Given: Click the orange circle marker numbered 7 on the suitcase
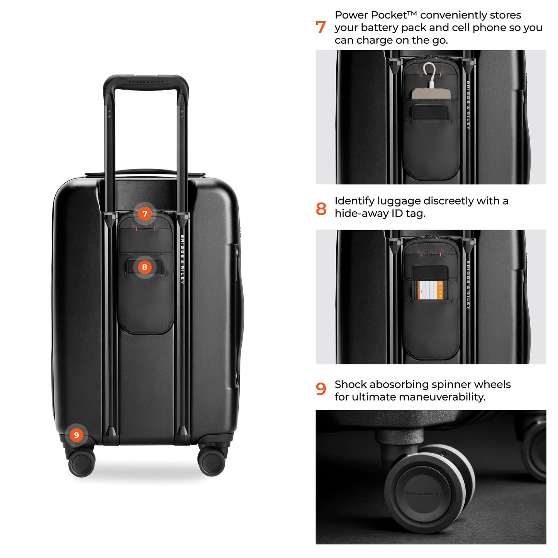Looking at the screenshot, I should pos(145,214).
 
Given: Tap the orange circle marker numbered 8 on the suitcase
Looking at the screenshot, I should pos(145,267).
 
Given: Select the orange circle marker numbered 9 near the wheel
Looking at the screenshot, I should pos(76,435).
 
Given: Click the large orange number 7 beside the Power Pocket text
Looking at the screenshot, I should pos(321,27).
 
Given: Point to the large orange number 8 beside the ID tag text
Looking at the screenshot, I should pos(321,209).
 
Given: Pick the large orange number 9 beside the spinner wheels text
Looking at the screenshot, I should pos(321,389).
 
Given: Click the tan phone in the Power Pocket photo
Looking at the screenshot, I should pos(431,94).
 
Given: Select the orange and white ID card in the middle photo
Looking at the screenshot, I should pos(430,290).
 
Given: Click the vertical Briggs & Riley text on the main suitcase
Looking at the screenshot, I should pos(182,259).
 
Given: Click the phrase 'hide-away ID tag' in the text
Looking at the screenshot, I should pos(380,214).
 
